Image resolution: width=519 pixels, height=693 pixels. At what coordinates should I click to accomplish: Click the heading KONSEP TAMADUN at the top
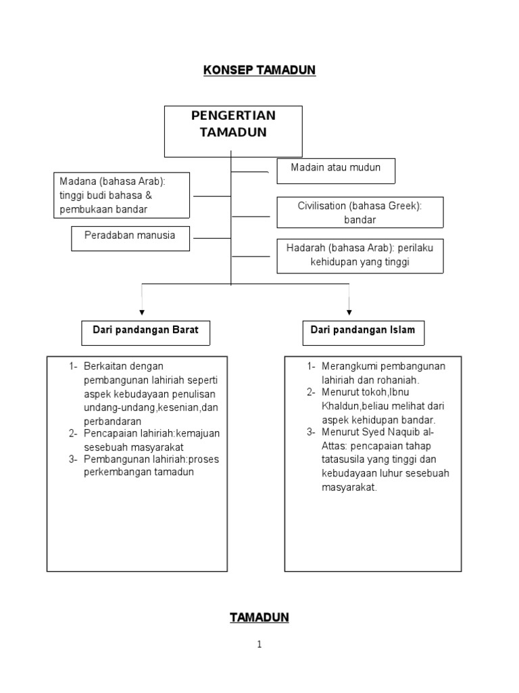pos(259,70)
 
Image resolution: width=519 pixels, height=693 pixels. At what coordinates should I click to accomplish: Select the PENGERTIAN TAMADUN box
pos(233,131)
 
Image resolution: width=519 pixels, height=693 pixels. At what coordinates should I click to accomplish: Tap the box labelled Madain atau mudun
pos(336,171)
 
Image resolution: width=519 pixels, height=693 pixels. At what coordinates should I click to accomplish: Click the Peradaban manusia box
pos(130,238)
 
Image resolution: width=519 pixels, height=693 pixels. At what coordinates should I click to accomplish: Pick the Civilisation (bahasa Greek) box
pos(360,213)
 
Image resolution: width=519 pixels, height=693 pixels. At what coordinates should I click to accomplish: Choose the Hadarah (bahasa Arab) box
pos(360,255)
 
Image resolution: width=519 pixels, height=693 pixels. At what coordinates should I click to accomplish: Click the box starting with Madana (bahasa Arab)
pos(122,194)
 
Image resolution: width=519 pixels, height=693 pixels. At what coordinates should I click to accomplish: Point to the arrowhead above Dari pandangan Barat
pos(141,312)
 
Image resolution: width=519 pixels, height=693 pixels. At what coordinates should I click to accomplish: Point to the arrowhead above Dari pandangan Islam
pos(349,312)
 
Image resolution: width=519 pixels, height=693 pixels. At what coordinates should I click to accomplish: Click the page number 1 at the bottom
pos(259,645)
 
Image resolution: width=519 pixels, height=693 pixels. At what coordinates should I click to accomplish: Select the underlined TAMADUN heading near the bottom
pos(259,617)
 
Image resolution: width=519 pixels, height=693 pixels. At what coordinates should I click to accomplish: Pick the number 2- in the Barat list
pos(74,433)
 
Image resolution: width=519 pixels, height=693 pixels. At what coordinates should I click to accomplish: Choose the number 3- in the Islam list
pos(312,433)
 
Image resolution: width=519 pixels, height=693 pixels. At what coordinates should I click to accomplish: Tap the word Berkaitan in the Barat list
pos(105,366)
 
